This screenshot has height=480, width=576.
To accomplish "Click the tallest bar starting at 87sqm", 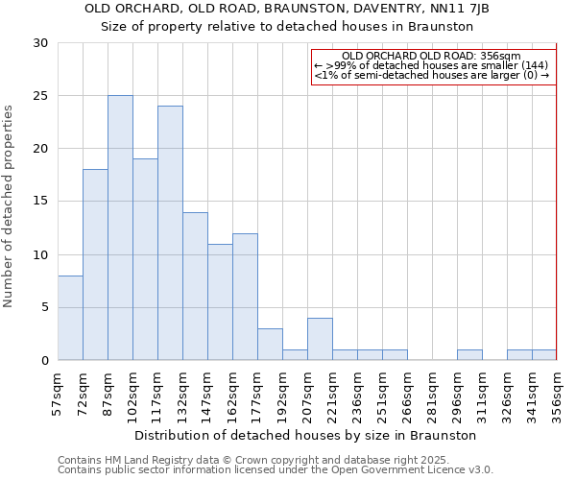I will [120, 228].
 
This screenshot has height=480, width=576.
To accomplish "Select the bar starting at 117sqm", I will [170, 233].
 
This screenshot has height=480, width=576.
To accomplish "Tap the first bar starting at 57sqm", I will [70, 318].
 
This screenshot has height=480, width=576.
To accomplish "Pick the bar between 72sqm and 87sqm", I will [95, 265].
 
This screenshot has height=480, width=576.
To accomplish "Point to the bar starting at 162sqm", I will [245, 297].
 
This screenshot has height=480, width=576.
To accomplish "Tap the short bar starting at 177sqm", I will [270, 345].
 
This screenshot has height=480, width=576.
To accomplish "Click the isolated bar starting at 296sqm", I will [469, 355].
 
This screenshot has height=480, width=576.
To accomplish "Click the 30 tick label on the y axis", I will [39, 43].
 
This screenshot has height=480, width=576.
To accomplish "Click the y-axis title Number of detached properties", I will [10, 206].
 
